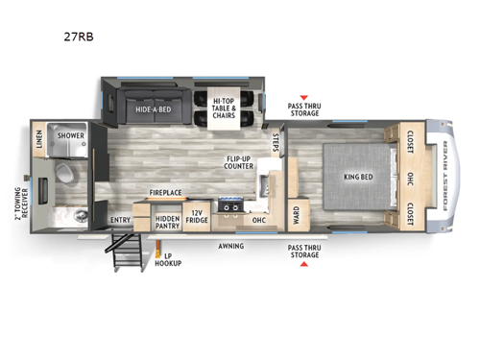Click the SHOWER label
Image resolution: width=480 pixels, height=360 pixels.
[72, 136]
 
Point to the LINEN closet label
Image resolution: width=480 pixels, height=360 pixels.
[38, 145]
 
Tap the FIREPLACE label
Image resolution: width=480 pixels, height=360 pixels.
[164, 193]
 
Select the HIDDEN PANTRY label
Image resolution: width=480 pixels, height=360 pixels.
[174, 223]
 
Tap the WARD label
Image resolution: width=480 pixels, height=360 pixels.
[296, 213]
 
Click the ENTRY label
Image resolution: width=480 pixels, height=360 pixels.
[121, 220]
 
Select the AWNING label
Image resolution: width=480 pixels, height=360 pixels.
[229, 246]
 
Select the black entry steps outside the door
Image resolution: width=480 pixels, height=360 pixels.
[126, 254]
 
